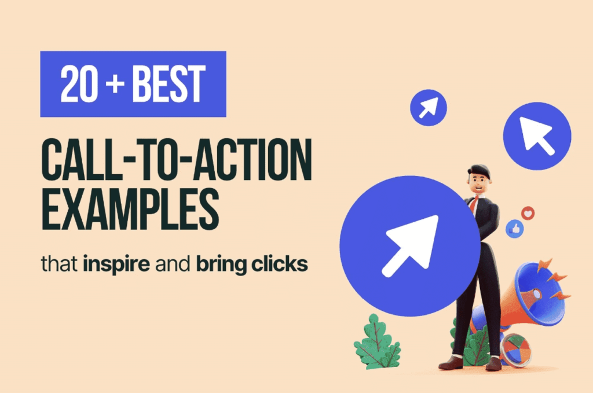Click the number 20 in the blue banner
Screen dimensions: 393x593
coord(79,85)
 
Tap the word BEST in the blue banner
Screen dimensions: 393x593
coord(168,85)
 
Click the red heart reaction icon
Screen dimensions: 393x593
coord(528,213)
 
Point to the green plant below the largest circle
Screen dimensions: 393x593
coord(377,341)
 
